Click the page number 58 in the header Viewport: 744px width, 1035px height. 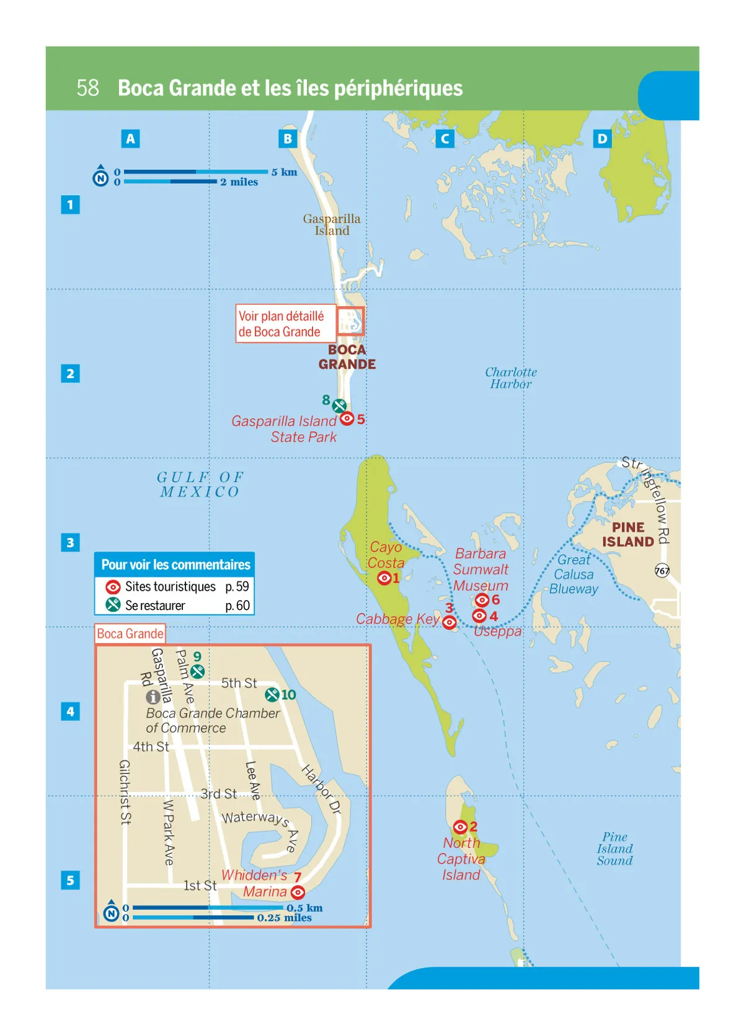pyautogui.click(x=87, y=88)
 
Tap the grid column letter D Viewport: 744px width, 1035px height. pyautogui.click(x=601, y=139)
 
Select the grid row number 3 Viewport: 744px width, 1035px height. pyautogui.click(x=70, y=543)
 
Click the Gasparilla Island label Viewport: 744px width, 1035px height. pyautogui.click(x=332, y=224)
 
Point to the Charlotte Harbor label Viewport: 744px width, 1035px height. pyautogui.click(x=511, y=378)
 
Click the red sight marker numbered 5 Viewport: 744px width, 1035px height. pyautogui.click(x=347, y=419)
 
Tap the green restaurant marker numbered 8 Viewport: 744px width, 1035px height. pyautogui.click(x=339, y=406)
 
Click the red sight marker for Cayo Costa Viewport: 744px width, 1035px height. pyautogui.click(x=384, y=578)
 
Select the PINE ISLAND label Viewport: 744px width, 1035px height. pyautogui.click(x=628, y=534)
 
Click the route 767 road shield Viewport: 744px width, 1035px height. pyautogui.click(x=662, y=570)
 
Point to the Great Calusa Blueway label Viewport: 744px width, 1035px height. pyautogui.click(x=574, y=575)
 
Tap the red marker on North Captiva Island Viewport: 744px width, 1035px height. pyautogui.click(x=460, y=827)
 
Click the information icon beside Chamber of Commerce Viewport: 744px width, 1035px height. pyautogui.click(x=153, y=697)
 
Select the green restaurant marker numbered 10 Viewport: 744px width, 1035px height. pyautogui.click(x=272, y=695)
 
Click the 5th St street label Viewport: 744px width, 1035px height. pyautogui.click(x=239, y=683)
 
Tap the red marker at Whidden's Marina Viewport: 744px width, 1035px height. pyautogui.click(x=298, y=892)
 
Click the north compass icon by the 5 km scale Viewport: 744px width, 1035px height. pyautogui.click(x=100, y=178)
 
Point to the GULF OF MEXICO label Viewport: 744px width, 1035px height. pyautogui.click(x=200, y=485)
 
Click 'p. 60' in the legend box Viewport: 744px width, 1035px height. pyautogui.click(x=237, y=606)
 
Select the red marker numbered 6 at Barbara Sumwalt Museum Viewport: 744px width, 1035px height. pyautogui.click(x=482, y=600)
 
